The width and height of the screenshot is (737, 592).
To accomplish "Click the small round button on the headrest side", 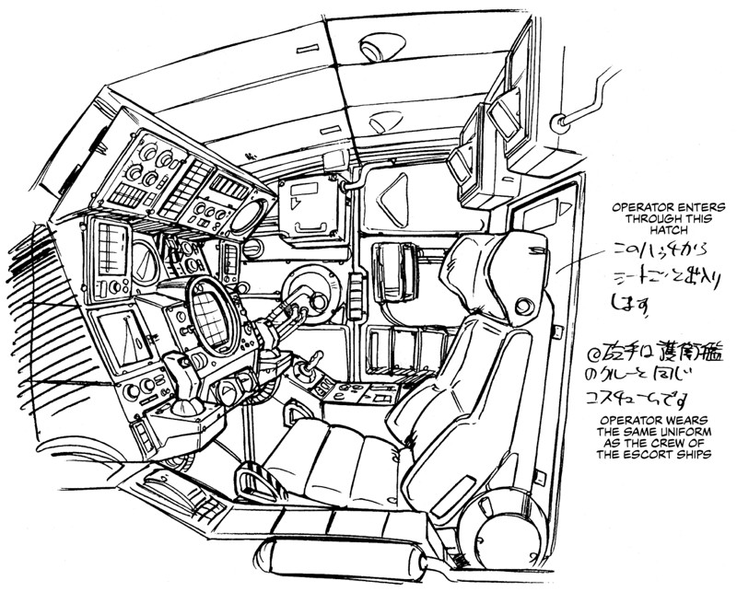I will pos(524,305).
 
